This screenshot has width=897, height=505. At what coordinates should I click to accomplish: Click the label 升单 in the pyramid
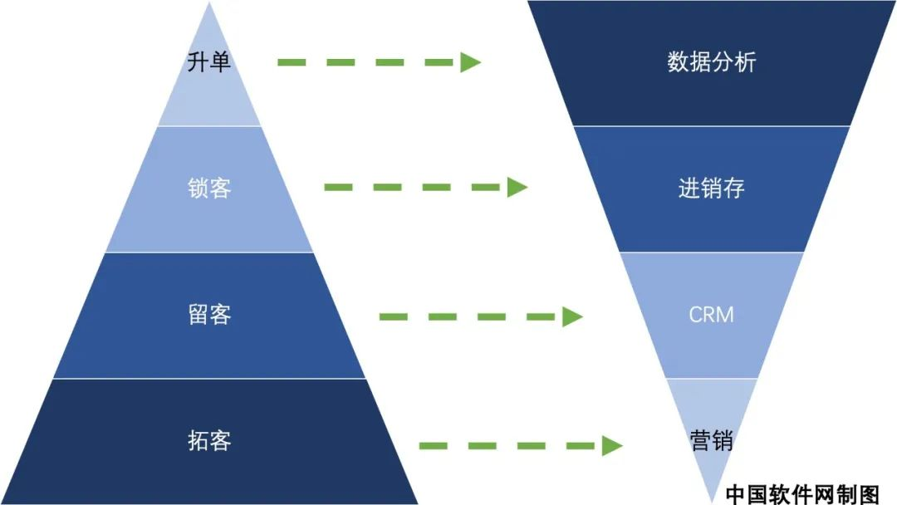(x=208, y=61)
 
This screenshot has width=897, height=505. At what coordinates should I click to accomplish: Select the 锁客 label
(x=209, y=189)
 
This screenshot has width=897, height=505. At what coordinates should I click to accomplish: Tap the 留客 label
(x=209, y=315)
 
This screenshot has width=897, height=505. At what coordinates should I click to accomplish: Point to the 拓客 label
(x=209, y=441)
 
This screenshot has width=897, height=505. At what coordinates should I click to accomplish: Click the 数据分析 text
(x=712, y=61)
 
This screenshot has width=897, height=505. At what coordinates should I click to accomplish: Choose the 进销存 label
(x=712, y=189)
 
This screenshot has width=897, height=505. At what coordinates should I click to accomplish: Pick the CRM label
(x=711, y=315)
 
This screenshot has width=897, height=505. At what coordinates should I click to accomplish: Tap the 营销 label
(x=712, y=441)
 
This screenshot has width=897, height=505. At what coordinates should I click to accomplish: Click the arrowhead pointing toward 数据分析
(x=471, y=62)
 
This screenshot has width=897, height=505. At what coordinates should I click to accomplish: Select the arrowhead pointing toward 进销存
(x=517, y=187)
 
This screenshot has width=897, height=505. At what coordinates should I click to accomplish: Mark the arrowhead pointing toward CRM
(x=572, y=316)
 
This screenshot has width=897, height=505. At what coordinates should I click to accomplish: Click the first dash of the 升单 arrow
(x=292, y=62)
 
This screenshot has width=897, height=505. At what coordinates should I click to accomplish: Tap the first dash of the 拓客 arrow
(x=433, y=445)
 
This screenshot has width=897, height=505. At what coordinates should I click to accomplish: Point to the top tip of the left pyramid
(x=209, y=2)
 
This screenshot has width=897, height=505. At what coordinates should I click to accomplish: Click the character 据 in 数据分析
(x=700, y=61)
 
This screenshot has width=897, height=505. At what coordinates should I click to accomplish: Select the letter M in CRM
(x=726, y=315)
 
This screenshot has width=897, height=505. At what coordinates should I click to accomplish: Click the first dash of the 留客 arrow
(x=394, y=316)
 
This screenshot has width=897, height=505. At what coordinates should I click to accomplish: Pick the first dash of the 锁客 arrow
(x=339, y=187)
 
